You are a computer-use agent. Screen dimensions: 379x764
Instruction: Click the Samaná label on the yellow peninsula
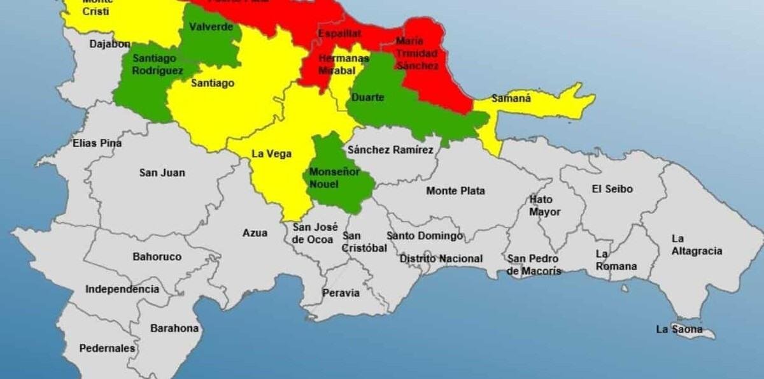point(511,99)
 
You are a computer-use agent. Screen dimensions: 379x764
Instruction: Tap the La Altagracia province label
point(697,245)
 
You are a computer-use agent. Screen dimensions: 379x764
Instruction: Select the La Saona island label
point(679,329)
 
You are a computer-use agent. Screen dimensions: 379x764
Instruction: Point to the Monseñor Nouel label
point(334,178)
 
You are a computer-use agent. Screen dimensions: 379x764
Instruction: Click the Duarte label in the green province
point(367,97)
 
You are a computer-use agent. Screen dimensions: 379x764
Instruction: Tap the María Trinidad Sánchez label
point(417,53)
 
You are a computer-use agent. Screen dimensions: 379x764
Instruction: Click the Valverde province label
point(207,27)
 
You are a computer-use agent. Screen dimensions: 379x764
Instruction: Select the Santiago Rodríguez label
point(157,64)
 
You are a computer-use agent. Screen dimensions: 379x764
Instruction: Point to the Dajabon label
point(110,44)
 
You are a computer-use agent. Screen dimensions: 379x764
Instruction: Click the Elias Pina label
point(97,143)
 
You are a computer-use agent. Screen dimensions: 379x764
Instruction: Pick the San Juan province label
point(162,173)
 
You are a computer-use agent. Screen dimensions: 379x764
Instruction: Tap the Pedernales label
point(107,348)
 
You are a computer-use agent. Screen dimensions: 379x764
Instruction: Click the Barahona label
point(174,329)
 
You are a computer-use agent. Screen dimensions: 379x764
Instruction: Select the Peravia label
point(341,293)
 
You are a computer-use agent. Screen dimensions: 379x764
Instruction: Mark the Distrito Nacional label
point(441,259)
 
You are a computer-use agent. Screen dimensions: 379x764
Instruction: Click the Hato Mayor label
point(545,206)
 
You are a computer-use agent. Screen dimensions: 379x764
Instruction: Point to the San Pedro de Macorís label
point(534,264)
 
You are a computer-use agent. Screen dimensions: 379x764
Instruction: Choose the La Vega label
point(272,154)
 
